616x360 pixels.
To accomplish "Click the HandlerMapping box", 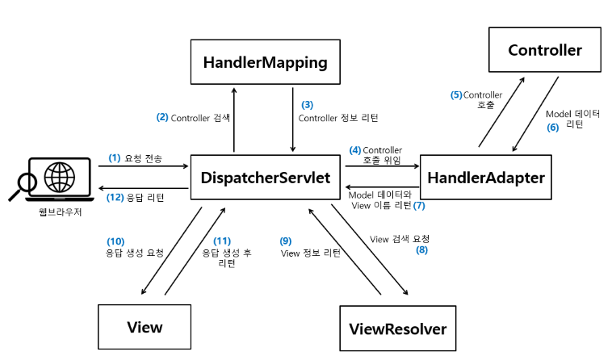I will pyautogui.click(x=265, y=62).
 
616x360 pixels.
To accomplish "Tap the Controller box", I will pyautogui.click(x=545, y=51).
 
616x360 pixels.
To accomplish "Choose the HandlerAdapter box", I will pyautogui.click(x=486, y=177).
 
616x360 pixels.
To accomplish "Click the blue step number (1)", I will pyautogui.click(x=115, y=158).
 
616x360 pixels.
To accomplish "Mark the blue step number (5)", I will pyautogui.click(x=456, y=95).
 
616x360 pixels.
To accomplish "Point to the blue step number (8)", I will pyautogui.click(x=421, y=250).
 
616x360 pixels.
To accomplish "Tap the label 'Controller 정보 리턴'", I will pyautogui.click(x=338, y=118).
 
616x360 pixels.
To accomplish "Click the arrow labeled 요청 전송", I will pyautogui.click(x=144, y=166).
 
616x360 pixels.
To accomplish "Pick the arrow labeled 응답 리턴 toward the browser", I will pyautogui.click(x=144, y=190).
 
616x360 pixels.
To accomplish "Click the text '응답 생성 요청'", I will pyautogui.click(x=135, y=252).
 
